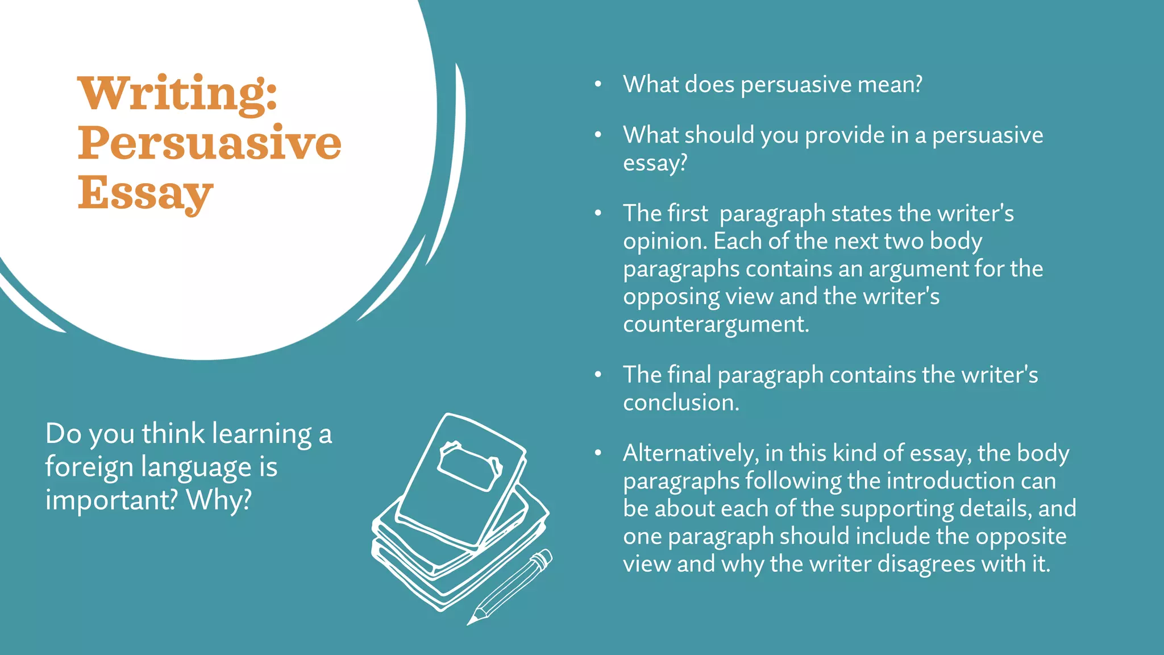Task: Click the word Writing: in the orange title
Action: (x=177, y=93)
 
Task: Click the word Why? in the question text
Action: (x=219, y=500)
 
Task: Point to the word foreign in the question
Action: (x=88, y=467)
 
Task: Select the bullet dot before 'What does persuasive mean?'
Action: (x=598, y=85)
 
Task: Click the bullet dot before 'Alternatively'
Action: (x=598, y=453)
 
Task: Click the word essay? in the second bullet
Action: (x=655, y=163)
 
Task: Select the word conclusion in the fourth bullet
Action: (x=679, y=403)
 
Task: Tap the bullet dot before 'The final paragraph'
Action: (x=598, y=375)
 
